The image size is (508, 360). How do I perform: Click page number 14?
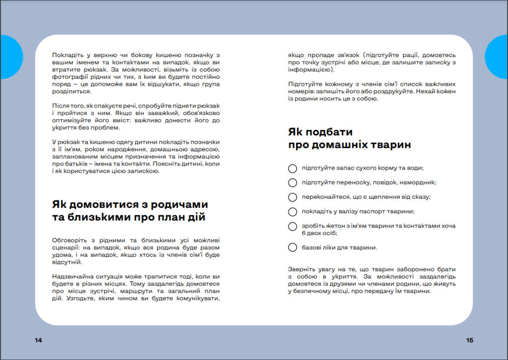click(39, 340)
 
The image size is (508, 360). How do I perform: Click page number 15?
click(470, 340)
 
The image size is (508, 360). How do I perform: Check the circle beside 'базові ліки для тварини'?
click(293, 247)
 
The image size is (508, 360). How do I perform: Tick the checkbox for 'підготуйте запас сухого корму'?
click(293, 168)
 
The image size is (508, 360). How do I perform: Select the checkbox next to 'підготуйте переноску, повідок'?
click(293, 182)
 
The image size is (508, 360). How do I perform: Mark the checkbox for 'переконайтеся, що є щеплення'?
click(293, 197)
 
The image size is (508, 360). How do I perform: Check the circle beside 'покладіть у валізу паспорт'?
click(293, 212)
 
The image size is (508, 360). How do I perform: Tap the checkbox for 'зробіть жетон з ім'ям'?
click(293, 226)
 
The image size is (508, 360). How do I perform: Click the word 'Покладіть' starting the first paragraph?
click(68, 55)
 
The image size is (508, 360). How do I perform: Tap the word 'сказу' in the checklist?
click(421, 197)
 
